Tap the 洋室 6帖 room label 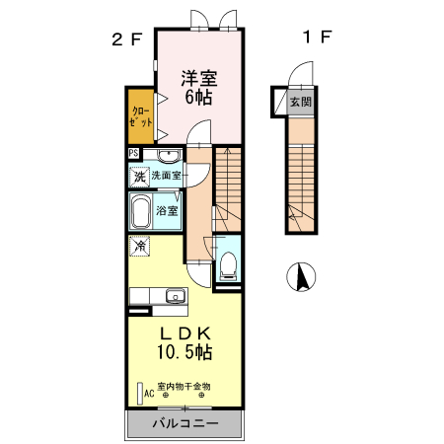click(197, 87)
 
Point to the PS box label click(133, 154)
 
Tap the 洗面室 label click(167, 176)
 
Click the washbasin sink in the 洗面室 click(169, 156)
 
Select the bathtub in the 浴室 click(140, 211)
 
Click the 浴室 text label click(169, 211)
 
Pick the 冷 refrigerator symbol click(140, 245)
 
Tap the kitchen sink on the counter click(177, 296)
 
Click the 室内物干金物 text click(185, 386)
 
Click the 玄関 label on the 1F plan click(301, 101)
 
